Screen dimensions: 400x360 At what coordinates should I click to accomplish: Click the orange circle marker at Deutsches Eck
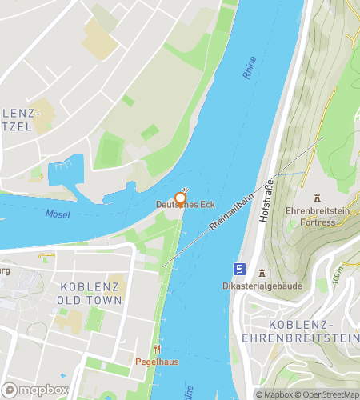pos(181,198)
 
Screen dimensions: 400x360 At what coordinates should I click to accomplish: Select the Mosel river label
pos(58,214)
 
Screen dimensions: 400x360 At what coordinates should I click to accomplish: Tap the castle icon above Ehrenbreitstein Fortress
pos(318,197)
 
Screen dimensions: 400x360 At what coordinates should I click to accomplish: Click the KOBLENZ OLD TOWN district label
pos(90,293)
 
